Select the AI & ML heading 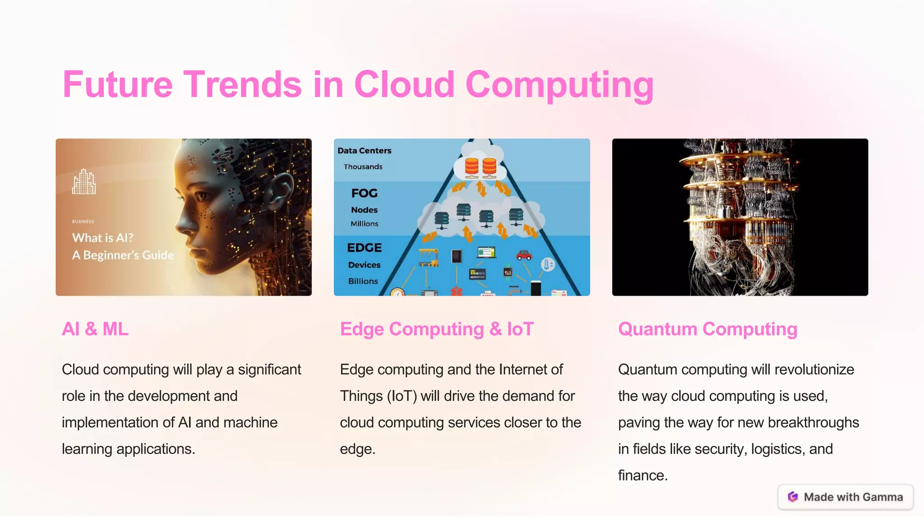95,329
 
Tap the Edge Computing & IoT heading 437,329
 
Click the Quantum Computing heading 707,329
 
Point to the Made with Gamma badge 845,497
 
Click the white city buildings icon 84,182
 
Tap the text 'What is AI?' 103,238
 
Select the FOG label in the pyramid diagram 365,193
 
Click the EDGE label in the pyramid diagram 365,248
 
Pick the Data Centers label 365,151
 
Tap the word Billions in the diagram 363,281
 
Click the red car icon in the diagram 524,255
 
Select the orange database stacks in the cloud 481,167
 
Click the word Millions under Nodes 365,224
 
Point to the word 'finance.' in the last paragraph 643,475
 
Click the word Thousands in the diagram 363,167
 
